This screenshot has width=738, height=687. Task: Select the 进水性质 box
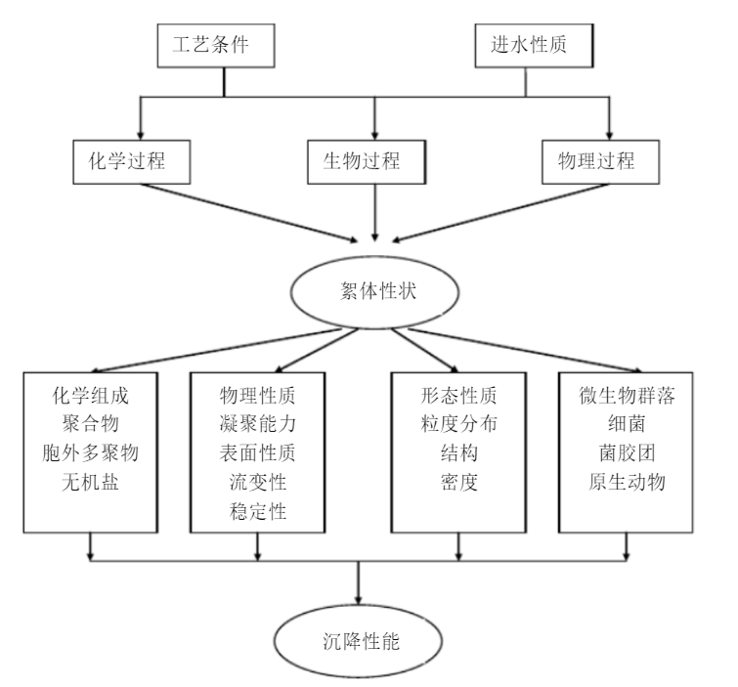pyautogui.click(x=525, y=46)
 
